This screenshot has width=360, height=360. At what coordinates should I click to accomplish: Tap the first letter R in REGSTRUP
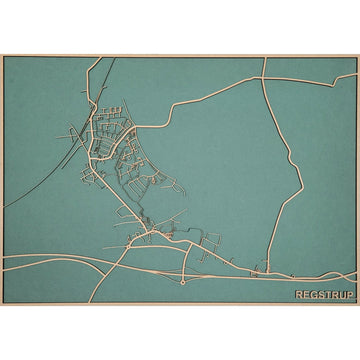(x=299, y=295)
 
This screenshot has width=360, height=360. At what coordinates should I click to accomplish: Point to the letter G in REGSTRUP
(x=313, y=295)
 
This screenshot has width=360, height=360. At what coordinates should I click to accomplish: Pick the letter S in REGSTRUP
(x=320, y=295)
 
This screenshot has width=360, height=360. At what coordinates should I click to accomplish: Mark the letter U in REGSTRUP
(x=342, y=295)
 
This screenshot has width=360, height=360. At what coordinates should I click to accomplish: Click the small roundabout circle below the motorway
(x=183, y=283)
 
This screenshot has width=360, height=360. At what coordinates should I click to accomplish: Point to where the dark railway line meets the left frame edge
(x=3, y=207)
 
